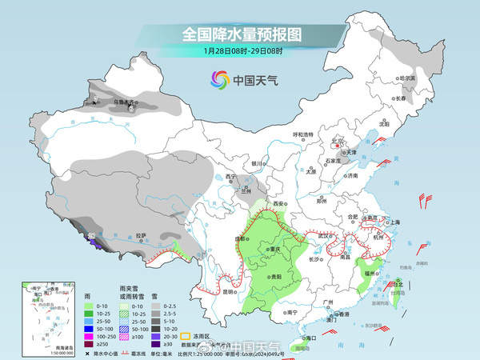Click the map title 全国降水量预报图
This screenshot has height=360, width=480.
tap(240, 34)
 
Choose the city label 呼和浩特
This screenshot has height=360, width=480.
tap(303, 134)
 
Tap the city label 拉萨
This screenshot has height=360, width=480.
tap(142, 235)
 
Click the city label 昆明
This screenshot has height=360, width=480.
tap(230, 291)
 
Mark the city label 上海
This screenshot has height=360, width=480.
tap(392, 222)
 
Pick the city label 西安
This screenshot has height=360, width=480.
tap(279, 205)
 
